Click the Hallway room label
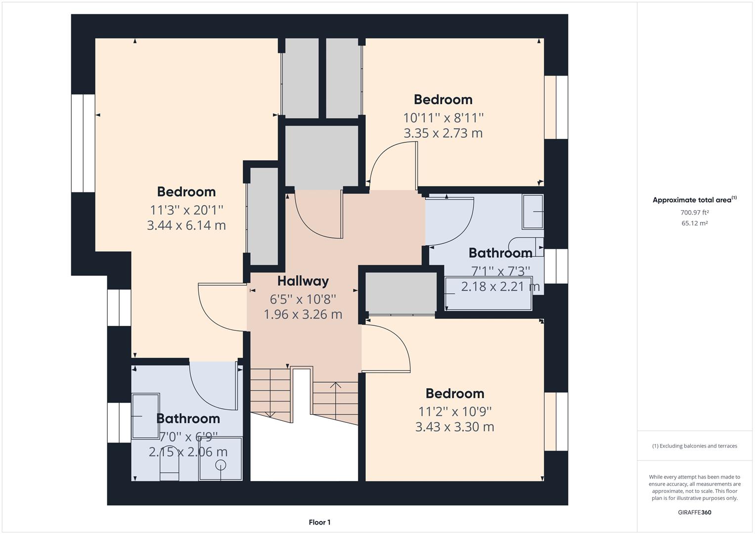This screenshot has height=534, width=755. click(x=303, y=281)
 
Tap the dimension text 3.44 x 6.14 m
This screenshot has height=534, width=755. click(x=186, y=225)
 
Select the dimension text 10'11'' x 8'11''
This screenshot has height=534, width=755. click(x=443, y=118)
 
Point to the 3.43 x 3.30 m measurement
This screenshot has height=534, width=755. click(x=454, y=427)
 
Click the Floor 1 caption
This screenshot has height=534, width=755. click(x=319, y=522)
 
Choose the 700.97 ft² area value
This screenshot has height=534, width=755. click(x=694, y=213)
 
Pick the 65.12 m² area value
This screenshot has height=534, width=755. click(x=694, y=223)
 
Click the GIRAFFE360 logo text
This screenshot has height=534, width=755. click(x=694, y=512)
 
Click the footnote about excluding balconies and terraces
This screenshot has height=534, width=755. click(x=694, y=445)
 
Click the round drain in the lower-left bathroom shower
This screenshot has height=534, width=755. click(x=221, y=464)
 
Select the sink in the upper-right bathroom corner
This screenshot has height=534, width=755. click(x=533, y=212)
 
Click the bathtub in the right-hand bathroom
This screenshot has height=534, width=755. click(x=489, y=294)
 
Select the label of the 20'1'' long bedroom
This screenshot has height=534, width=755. click(x=186, y=192)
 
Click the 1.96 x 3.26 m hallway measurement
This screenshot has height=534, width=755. click(x=303, y=314)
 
